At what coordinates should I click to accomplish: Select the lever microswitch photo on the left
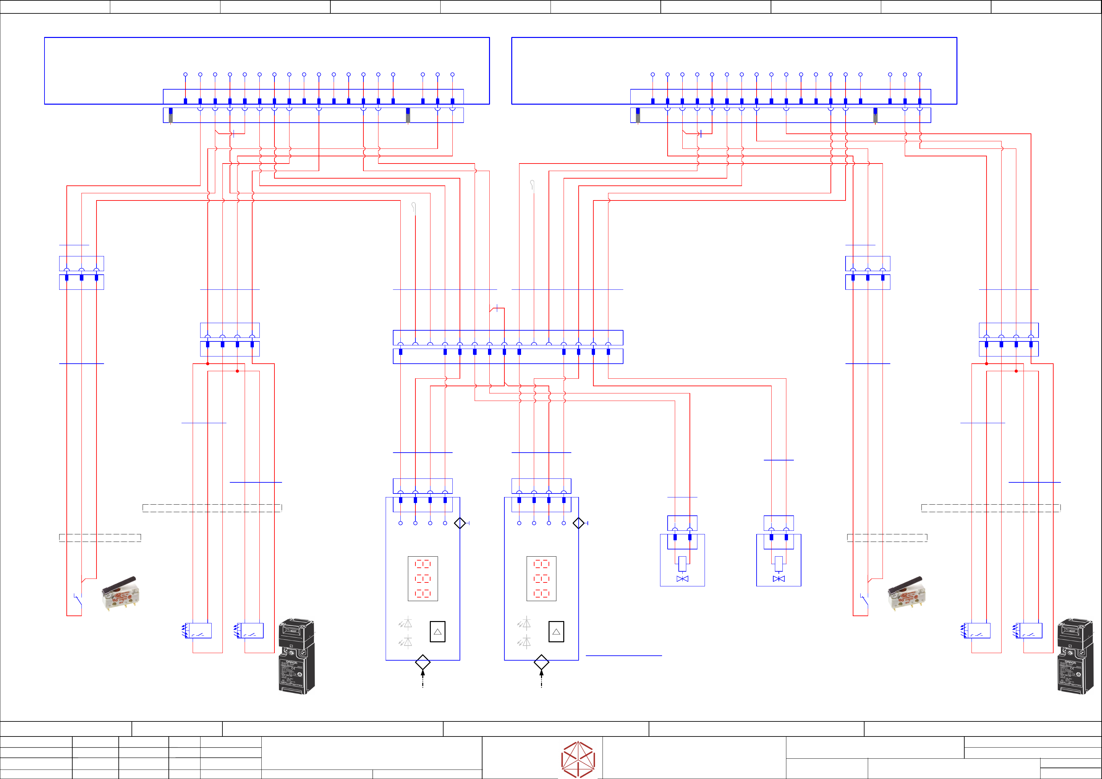coord(120,593)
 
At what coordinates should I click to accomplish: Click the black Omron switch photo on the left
coord(297,656)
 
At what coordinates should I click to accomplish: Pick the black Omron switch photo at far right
coord(1075,656)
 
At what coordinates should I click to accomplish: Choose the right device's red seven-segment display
coord(541,579)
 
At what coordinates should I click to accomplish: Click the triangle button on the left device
coord(437,632)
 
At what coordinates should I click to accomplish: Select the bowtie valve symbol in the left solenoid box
coord(682,579)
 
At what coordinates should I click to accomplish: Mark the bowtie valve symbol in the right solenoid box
coord(778,579)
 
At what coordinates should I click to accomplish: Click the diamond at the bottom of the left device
coord(422,662)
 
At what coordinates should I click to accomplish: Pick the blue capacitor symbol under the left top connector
coord(233,134)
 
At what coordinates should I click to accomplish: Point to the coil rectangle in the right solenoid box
coord(778,563)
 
